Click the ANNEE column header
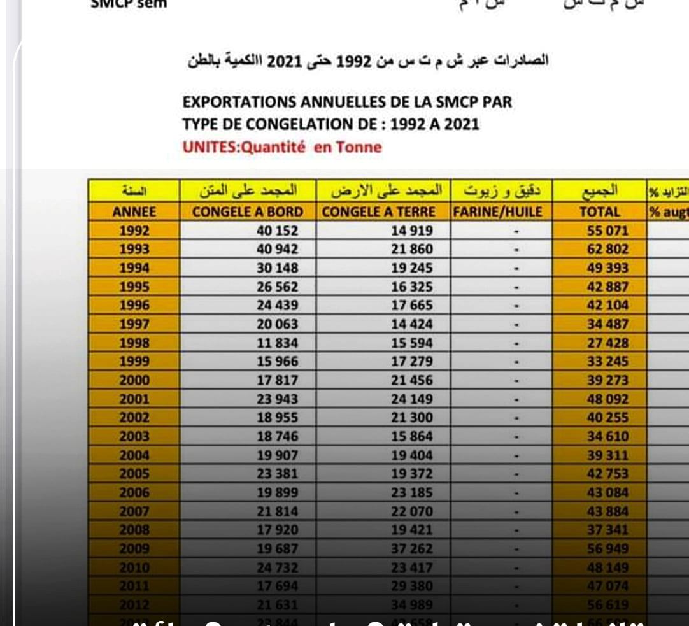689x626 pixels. (x=134, y=212)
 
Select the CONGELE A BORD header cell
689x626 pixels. (x=248, y=212)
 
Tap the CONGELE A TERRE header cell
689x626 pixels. (x=379, y=212)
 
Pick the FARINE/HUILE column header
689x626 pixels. (x=497, y=212)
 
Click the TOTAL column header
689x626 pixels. (x=599, y=212)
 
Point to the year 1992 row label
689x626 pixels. (x=134, y=231)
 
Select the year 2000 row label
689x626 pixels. (x=134, y=380)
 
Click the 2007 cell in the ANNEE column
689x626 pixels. (x=134, y=511)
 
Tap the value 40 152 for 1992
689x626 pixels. (x=277, y=231)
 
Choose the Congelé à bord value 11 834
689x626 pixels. (x=277, y=343)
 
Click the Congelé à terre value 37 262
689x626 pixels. (x=411, y=548)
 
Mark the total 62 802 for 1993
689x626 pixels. (x=607, y=249)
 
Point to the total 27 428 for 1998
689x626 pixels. (x=607, y=343)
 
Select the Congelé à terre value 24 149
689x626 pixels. (x=411, y=399)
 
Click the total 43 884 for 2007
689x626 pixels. (x=607, y=511)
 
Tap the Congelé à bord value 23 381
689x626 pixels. (x=277, y=474)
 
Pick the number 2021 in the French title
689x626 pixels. (x=461, y=124)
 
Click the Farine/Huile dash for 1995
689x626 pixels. (x=517, y=287)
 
